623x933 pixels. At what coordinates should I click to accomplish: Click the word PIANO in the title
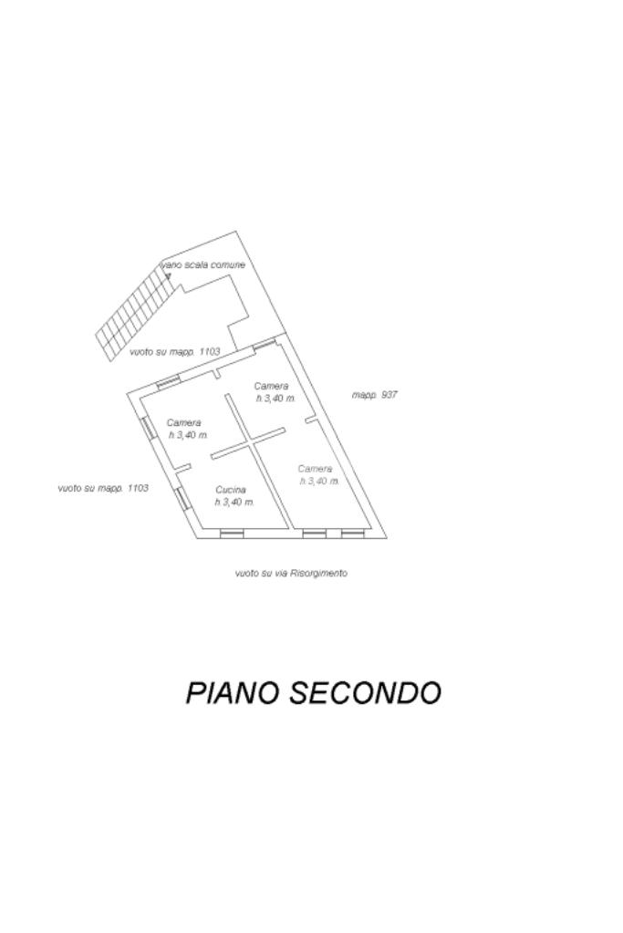[x=233, y=693]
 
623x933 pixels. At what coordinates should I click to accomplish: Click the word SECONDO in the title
[x=365, y=693]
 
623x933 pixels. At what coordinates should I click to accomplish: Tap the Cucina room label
[x=231, y=490]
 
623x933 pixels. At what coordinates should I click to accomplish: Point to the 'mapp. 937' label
[x=374, y=395]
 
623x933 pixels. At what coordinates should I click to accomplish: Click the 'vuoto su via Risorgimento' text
[x=291, y=574]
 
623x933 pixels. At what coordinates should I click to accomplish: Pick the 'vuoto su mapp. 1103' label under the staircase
[x=174, y=351]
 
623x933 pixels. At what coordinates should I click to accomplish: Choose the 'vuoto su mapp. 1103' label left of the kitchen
[x=102, y=488]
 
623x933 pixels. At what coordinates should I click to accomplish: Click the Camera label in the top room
[x=271, y=386]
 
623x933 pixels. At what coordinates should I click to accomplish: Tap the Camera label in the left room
[x=184, y=422]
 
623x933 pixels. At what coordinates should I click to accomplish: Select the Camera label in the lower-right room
[x=315, y=469]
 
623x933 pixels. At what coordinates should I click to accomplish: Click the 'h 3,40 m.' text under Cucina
[x=234, y=503]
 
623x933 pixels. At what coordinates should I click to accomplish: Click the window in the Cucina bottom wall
[x=232, y=534]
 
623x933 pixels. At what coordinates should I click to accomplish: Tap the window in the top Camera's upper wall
[x=264, y=344]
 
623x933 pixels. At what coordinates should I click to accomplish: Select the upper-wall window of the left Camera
[x=168, y=383]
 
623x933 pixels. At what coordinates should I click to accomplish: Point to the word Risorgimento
[x=318, y=574]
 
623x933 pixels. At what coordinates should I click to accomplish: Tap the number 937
[x=389, y=395]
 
